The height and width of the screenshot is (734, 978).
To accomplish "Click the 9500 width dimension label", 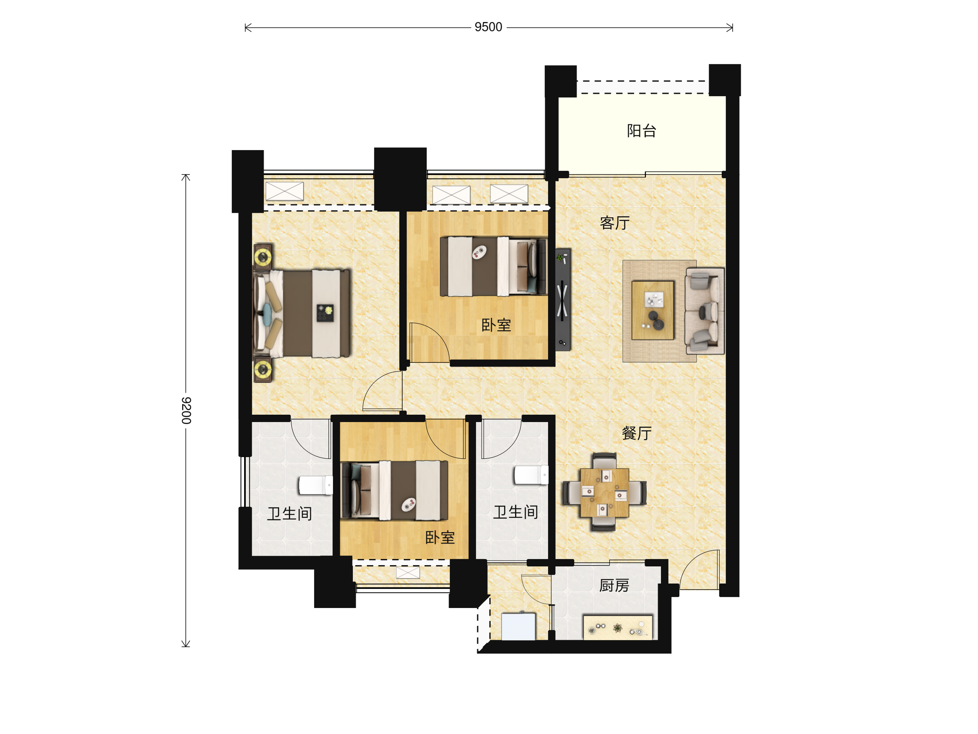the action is pos(488,27).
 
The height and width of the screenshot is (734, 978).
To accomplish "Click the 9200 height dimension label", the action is pos(186,411).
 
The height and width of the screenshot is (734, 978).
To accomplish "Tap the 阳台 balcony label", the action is pos(641,130).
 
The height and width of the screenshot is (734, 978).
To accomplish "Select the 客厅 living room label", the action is pos(615,223).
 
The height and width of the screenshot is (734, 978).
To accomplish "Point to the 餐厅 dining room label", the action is pos(637,433).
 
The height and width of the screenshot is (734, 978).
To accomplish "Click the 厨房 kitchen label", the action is pos(614,586).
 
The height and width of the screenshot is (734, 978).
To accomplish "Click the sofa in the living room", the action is pos(704,311).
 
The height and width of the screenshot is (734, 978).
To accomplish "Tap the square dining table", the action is pos(604,493).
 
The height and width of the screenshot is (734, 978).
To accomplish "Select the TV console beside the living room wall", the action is pos(563,300).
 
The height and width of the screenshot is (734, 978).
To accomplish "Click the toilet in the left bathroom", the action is pos(316,485).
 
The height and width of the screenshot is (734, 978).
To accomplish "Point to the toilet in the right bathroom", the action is pos(531,475).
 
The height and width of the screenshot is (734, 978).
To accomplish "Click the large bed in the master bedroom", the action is pos(302,313).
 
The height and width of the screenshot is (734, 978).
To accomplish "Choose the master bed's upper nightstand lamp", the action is pos(262,256).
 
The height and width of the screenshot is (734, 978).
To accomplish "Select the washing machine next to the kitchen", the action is pos(518,626).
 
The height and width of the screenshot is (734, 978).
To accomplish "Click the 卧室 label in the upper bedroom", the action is pos(496,325).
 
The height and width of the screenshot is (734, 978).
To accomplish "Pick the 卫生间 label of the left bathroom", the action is pos(290,514).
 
